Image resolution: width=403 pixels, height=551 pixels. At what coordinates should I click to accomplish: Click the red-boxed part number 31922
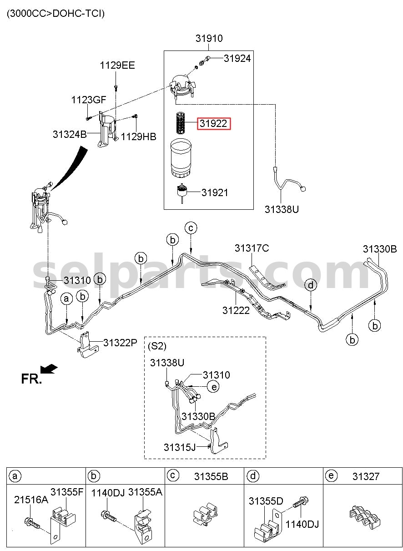[x=213, y=123]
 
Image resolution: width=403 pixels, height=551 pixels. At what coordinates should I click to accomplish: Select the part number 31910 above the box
[x=209, y=38]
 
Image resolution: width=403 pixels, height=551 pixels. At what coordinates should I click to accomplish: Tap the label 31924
[x=237, y=59]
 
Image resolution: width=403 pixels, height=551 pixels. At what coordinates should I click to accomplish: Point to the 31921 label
[x=215, y=192]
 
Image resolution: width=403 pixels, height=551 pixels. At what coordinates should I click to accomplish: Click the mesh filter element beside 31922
[x=181, y=123]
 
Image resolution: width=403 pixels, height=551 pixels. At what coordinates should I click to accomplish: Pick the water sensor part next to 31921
[x=182, y=192]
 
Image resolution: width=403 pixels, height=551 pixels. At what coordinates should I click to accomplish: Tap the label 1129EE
[x=117, y=66]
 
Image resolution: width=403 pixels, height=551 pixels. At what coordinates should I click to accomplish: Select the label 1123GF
[x=89, y=100]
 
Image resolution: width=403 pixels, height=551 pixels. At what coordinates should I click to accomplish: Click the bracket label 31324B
[x=70, y=134]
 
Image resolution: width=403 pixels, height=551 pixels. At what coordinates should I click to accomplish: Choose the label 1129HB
[x=138, y=137]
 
